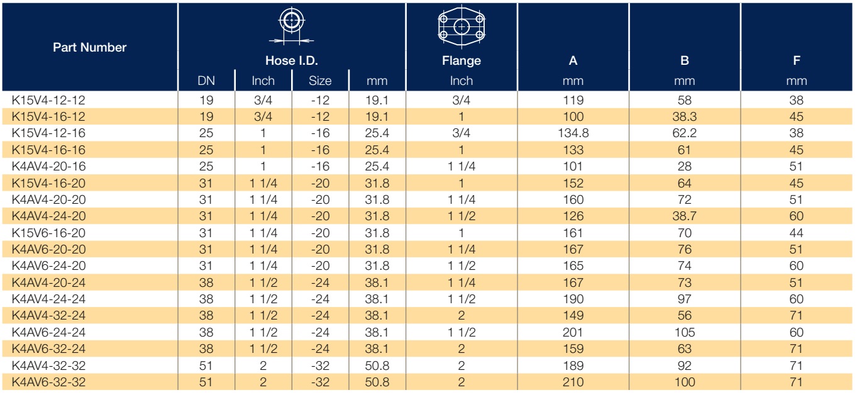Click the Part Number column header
pos(89,47)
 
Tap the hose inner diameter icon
pos(292,25)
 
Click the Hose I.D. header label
pos(292,60)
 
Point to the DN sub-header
pos(206,81)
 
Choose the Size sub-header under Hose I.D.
pos(320,81)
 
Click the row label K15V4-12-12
pos(48,100)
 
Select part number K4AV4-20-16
pos(48,167)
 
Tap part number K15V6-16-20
pos(48,233)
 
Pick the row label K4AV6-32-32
pos(48,382)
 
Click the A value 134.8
pos(573,133)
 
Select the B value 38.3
pos(685,117)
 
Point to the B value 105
pos(685,332)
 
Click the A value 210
pos(573,382)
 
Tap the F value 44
pos(796,233)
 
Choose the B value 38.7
pos(685,216)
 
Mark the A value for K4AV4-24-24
pos(573,299)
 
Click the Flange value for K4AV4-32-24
pos(462,315)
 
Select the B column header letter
pos(685,60)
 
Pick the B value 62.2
pos(685,133)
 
